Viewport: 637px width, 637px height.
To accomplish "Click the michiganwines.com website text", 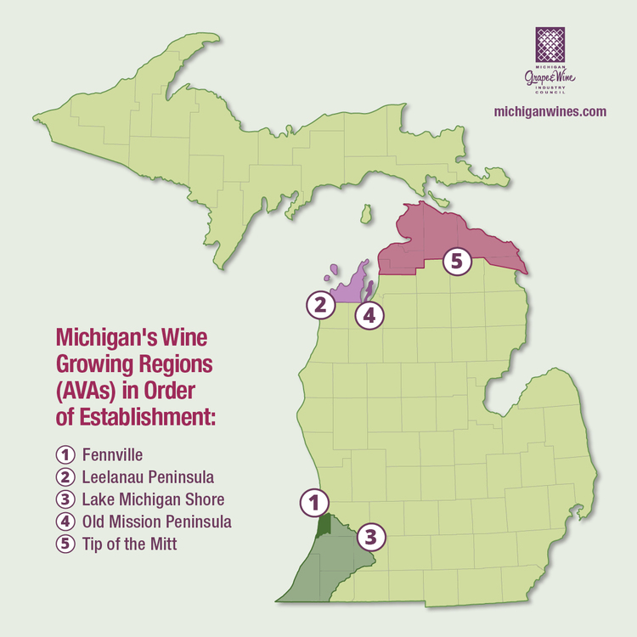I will click(x=550, y=111).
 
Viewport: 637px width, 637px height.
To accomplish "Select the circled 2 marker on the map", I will click(x=318, y=303).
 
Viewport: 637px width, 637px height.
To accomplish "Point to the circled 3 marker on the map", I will click(x=370, y=536).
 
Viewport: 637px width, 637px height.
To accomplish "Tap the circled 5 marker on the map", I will click(x=456, y=261).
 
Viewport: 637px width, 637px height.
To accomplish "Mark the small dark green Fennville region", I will click(x=323, y=523).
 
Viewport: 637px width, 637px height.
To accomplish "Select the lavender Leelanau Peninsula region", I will click(x=348, y=289).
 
